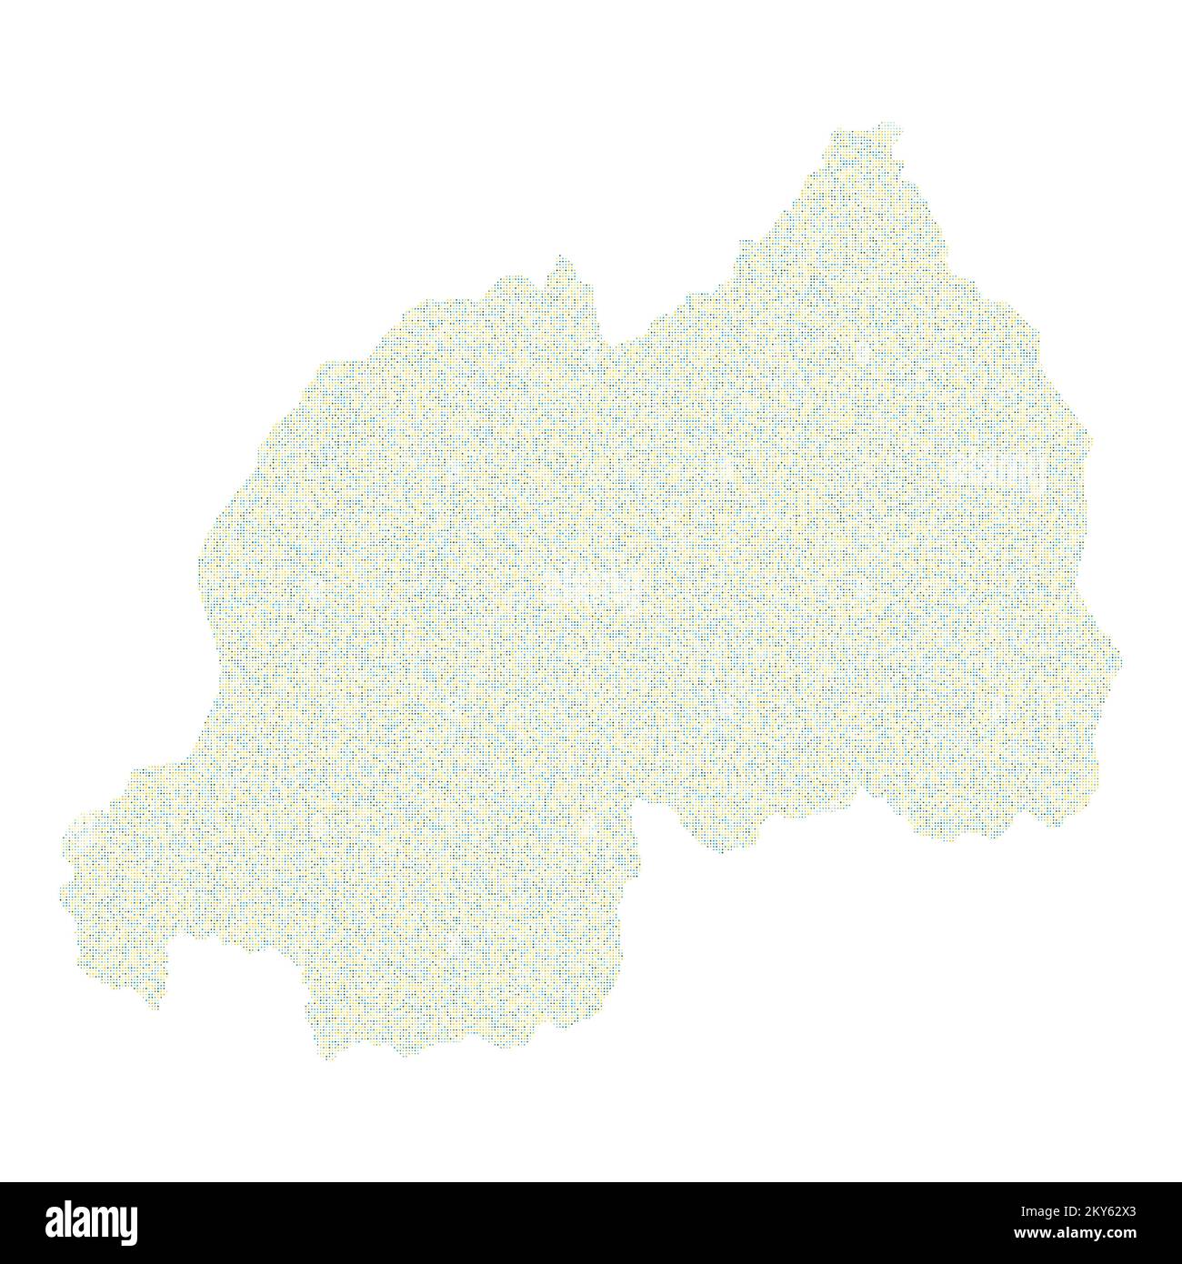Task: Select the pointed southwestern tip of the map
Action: click(155, 1005)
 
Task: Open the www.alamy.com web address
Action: click(1083, 1234)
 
